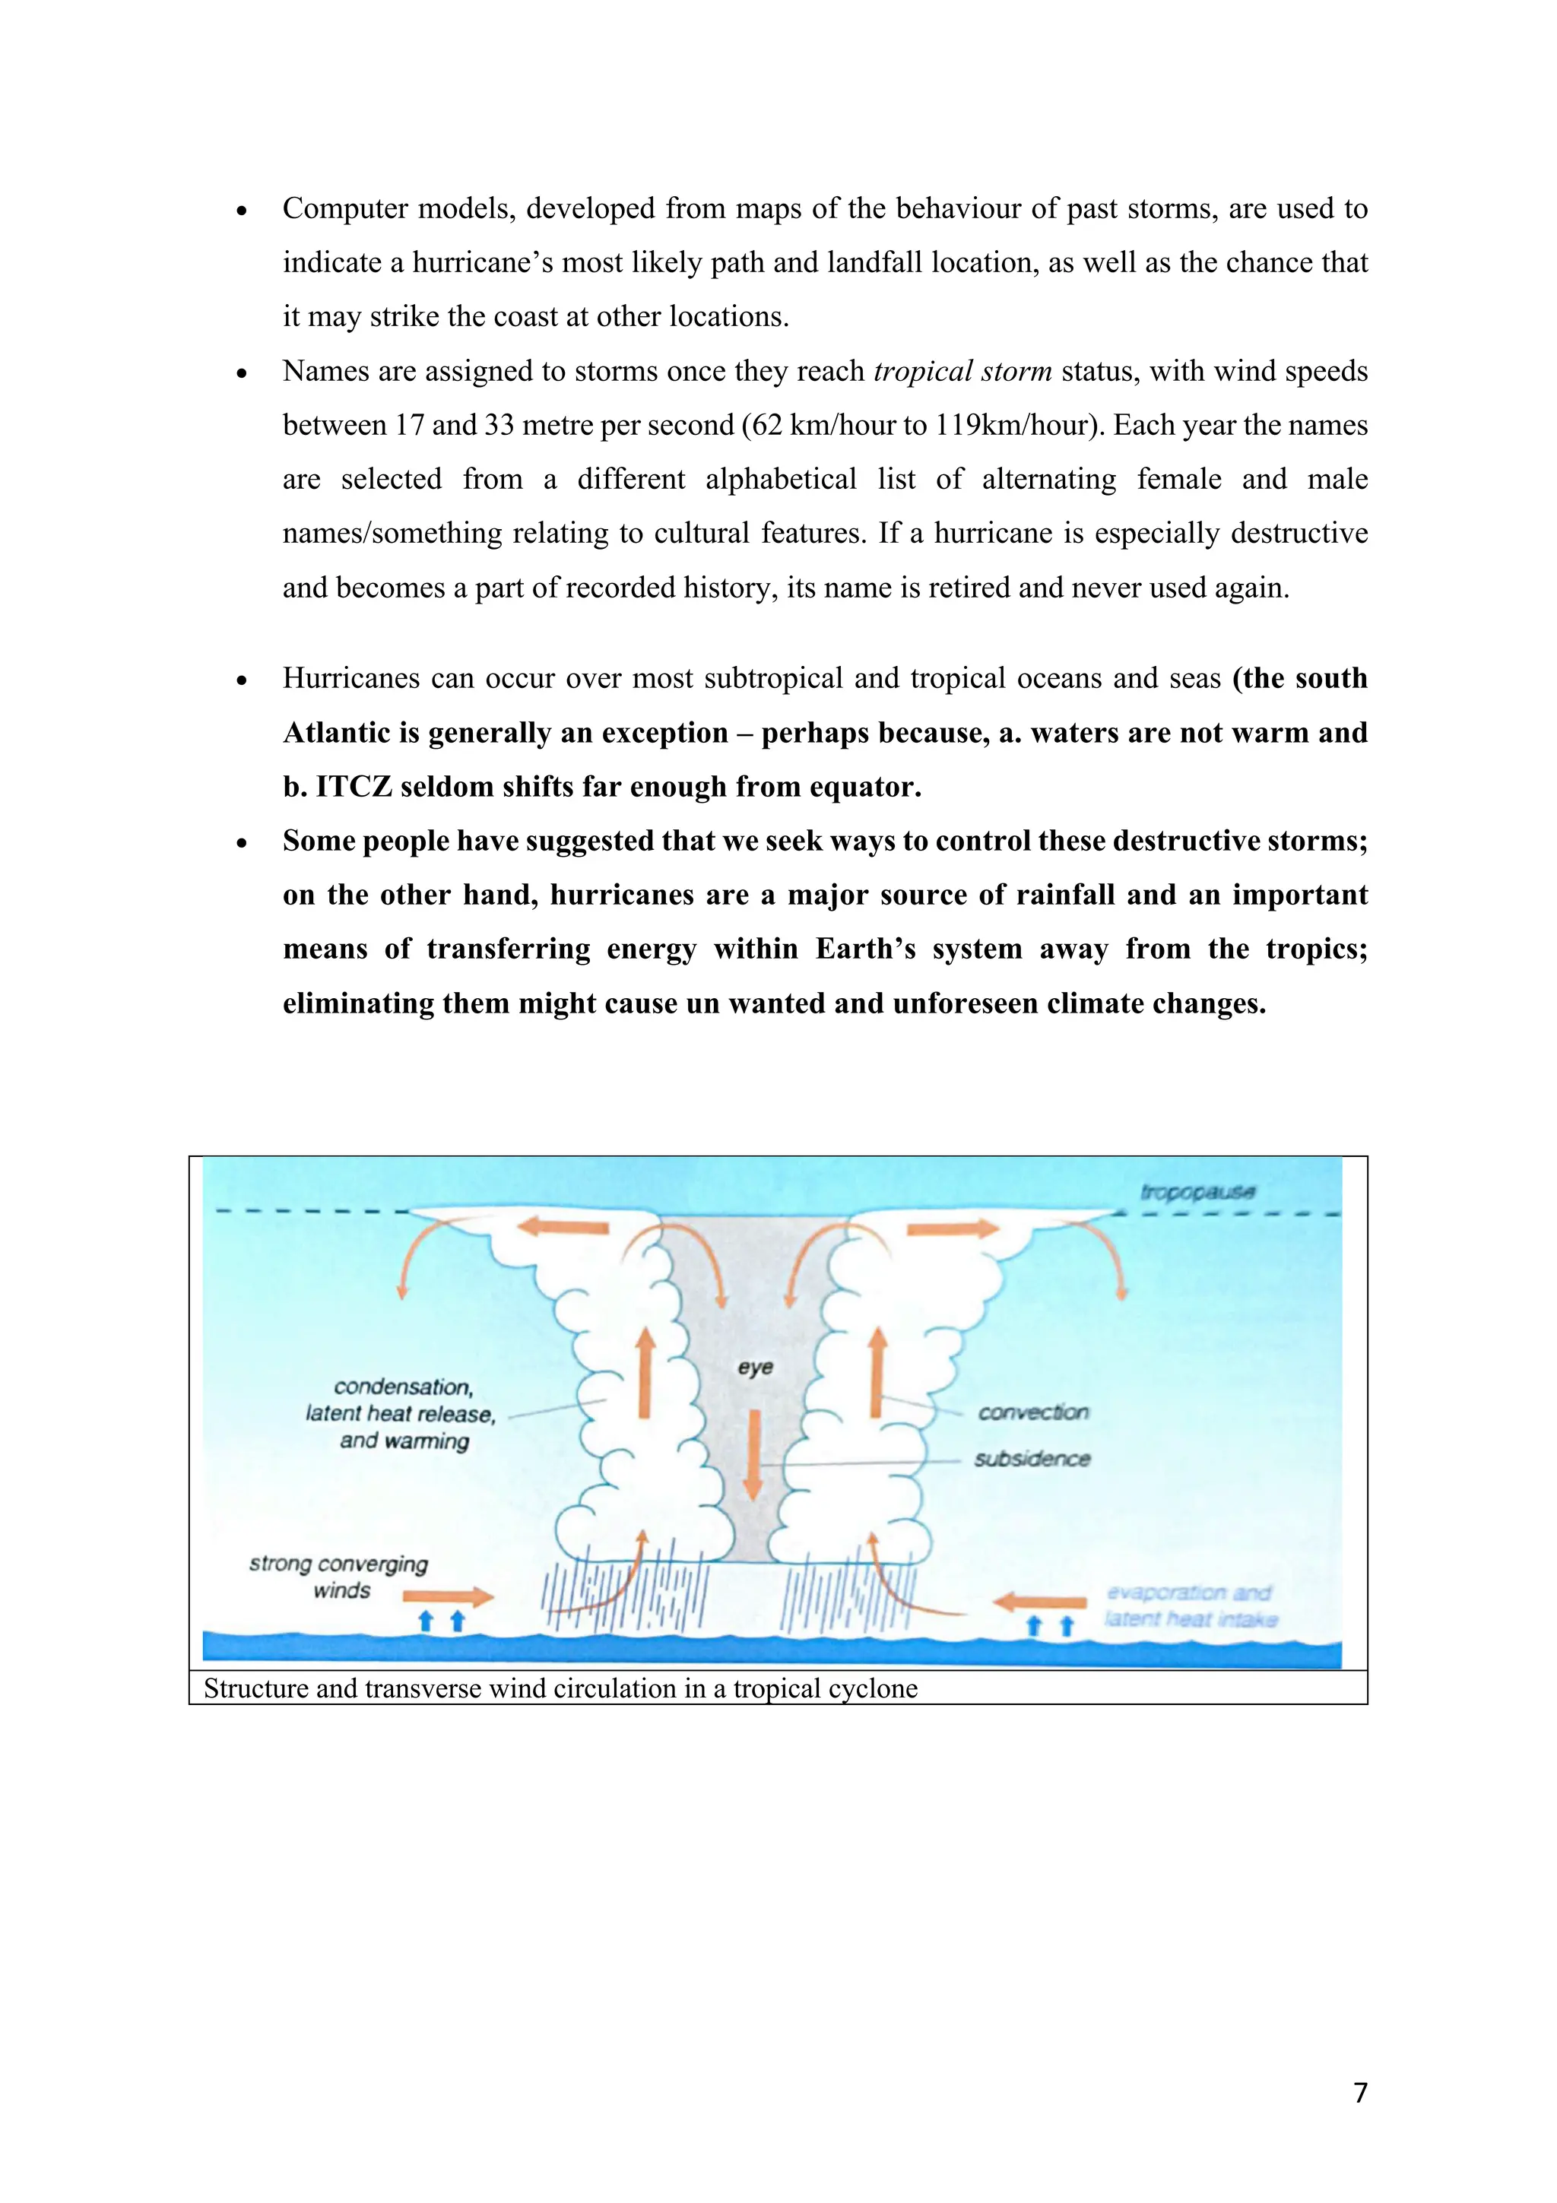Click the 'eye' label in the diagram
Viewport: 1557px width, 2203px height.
tap(755, 1368)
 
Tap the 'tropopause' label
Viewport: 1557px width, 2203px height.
tap(1197, 1192)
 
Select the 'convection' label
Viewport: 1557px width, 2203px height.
tap(1033, 1412)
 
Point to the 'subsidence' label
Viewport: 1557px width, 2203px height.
tap(1032, 1459)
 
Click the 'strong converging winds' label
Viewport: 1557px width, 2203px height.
tap(338, 1577)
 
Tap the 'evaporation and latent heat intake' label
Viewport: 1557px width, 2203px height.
tap(1190, 1606)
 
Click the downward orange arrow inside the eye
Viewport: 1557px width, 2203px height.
tap(753, 1454)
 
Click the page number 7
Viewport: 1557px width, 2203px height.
tap(1359, 2093)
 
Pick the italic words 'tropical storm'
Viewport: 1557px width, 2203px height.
tap(962, 371)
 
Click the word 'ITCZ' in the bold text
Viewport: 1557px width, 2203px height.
tap(353, 787)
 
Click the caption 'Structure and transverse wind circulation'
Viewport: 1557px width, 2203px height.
tap(560, 1688)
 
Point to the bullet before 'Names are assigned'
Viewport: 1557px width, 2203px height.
tap(242, 373)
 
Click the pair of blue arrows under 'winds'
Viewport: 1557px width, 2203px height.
tap(442, 1621)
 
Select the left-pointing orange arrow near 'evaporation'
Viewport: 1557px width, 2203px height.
tap(1040, 1602)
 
